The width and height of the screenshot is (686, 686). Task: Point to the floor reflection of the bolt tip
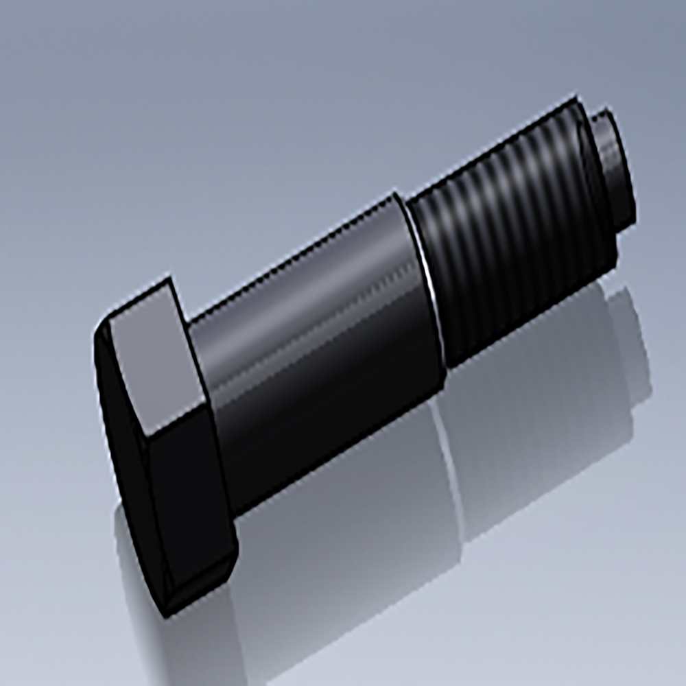click(x=631, y=343)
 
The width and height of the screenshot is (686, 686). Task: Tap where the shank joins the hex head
click(x=206, y=384)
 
